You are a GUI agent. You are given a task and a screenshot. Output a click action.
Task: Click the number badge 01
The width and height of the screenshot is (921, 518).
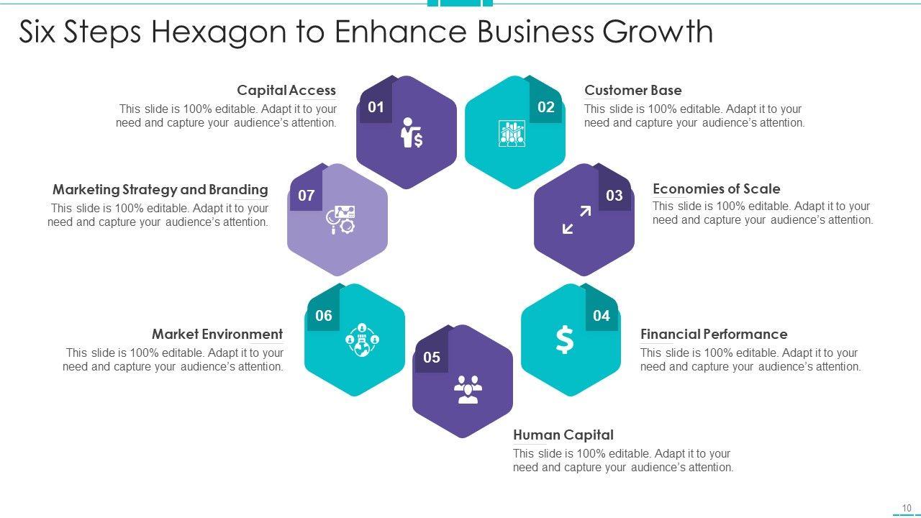pos(376,108)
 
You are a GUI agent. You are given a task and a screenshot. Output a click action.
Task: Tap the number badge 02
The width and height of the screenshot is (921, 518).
pos(546,108)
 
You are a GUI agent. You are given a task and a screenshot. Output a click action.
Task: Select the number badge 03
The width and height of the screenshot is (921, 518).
pos(614,196)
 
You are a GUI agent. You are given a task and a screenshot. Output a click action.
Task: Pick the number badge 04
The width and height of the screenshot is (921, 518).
pos(602,316)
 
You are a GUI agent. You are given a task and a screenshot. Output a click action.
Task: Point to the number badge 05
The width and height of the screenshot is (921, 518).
pos(432,358)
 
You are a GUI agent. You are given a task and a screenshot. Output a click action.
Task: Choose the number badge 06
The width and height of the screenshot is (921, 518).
pos(324,316)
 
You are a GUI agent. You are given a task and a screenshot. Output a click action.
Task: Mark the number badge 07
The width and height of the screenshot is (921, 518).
pos(307,196)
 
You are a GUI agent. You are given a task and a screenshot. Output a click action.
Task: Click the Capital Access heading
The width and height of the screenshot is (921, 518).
pos(286,91)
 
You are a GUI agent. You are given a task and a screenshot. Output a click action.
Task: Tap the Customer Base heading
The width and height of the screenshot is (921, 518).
pos(633,91)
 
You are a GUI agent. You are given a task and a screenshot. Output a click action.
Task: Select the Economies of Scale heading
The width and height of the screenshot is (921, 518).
pos(717,189)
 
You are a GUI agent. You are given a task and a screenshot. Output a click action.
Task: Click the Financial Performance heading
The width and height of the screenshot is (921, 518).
pos(714,335)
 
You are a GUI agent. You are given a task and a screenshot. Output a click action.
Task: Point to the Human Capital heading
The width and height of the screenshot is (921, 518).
pos(563,435)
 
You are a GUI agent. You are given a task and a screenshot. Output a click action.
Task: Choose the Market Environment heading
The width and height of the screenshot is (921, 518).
pos(217,335)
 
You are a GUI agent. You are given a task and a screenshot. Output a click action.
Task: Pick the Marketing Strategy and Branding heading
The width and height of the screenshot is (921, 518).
pos(160,190)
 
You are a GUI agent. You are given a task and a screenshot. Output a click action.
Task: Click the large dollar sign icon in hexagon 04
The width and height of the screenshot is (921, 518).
pos(565,340)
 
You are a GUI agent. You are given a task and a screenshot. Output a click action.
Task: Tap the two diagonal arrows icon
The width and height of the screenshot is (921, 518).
pos(576,220)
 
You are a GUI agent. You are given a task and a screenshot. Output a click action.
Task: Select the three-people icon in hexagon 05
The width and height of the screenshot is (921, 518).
pos(468,389)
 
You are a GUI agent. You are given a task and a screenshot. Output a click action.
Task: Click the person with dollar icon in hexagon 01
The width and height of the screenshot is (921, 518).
pos(412,133)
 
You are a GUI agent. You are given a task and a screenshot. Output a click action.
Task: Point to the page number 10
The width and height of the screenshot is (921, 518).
pos(907,508)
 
